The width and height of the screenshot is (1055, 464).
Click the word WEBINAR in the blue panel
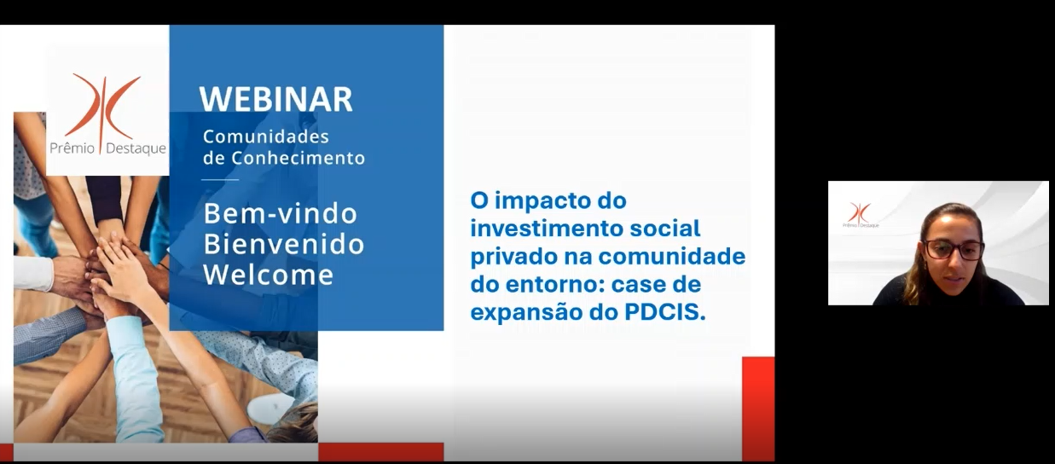pyautogui.click(x=276, y=99)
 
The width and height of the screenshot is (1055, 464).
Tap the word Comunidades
pyautogui.click(x=266, y=136)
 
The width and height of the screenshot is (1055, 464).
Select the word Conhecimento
pyautogui.click(x=299, y=158)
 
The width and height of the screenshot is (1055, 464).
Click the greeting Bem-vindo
pyautogui.click(x=281, y=214)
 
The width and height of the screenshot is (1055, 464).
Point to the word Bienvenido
pyautogui.click(x=284, y=244)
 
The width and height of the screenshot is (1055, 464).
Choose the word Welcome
pyautogui.click(x=269, y=275)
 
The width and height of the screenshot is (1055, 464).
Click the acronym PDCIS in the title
pyautogui.click(x=664, y=312)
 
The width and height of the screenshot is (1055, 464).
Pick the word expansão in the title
pyautogui.click(x=526, y=313)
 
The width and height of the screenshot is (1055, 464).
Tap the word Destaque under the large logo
pyautogui.click(x=136, y=148)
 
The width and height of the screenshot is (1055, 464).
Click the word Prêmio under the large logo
pyautogui.click(x=72, y=148)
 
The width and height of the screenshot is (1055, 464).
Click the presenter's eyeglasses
pyautogui.click(x=954, y=250)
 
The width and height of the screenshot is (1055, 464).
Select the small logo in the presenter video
pyautogui.click(x=861, y=215)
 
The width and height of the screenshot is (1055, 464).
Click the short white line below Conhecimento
pyautogui.click(x=220, y=179)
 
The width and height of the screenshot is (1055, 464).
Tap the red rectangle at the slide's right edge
pyautogui.click(x=758, y=409)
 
